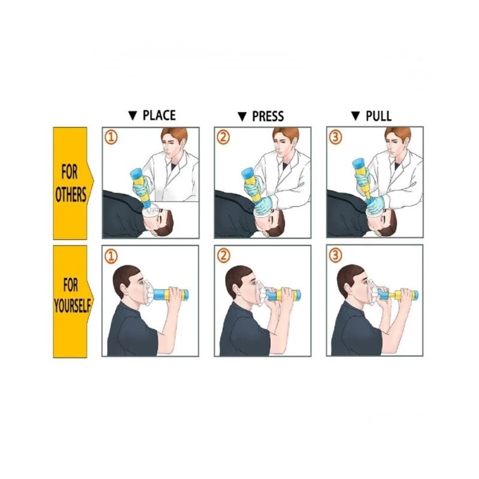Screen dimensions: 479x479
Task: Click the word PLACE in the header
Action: (159, 116)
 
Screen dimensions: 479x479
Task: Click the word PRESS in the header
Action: (268, 116)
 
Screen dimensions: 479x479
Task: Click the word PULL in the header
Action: (378, 116)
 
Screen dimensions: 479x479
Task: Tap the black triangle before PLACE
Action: (133, 116)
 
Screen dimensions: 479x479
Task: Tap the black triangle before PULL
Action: (356, 116)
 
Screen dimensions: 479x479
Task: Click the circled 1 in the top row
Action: (111, 138)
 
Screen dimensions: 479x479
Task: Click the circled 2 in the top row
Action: (223, 138)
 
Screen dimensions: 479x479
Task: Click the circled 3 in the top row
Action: (335, 138)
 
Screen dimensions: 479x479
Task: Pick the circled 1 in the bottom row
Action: (111, 256)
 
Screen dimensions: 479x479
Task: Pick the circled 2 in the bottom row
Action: (223, 256)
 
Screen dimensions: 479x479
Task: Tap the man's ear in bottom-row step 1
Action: (123, 289)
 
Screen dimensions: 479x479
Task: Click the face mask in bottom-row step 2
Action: (261, 293)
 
